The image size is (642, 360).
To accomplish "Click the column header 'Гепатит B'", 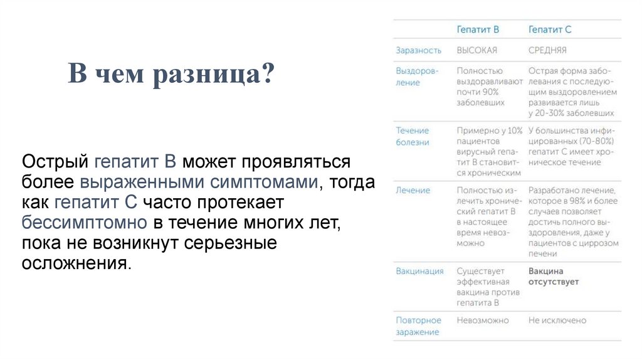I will pyautogui.click(x=477, y=29).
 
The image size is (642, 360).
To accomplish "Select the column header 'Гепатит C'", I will pyautogui.click(x=550, y=29).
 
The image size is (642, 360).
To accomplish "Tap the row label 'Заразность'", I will pyautogui.click(x=418, y=50).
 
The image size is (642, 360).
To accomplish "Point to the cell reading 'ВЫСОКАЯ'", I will pyautogui.click(x=476, y=50).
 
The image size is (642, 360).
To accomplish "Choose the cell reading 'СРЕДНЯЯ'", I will pyautogui.click(x=547, y=50).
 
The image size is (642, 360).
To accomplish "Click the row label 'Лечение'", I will pyautogui.click(x=413, y=190).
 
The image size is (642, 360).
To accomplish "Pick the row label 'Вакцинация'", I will pyautogui.click(x=419, y=271).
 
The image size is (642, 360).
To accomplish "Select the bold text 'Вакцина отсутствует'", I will pyautogui.click(x=553, y=277).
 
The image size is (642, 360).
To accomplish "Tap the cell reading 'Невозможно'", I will pyautogui.click(x=483, y=320).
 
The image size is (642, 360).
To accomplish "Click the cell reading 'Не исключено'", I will pyautogui.click(x=557, y=320).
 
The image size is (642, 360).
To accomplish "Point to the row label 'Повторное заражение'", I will pyautogui.click(x=418, y=326).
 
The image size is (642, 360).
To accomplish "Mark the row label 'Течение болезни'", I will pyautogui.click(x=413, y=136).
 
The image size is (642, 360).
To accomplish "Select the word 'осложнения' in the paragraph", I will pyautogui.click(x=76, y=262).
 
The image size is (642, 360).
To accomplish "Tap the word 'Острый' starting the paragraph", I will pyautogui.click(x=54, y=162).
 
